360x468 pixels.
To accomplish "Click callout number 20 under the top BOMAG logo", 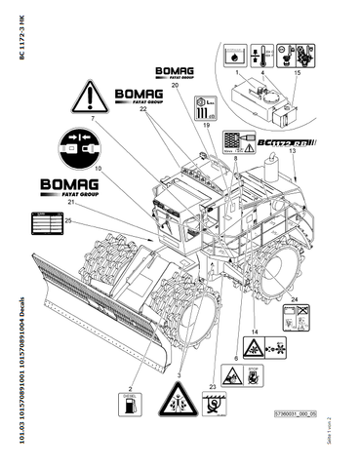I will pyautogui.click(x=175, y=86).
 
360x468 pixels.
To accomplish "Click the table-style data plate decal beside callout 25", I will pyautogui.click(x=44, y=223).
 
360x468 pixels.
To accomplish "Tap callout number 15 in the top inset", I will pyautogui.click(x=298, y=73).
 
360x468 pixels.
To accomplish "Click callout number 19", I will pyautogui.click(x=206, y=126).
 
